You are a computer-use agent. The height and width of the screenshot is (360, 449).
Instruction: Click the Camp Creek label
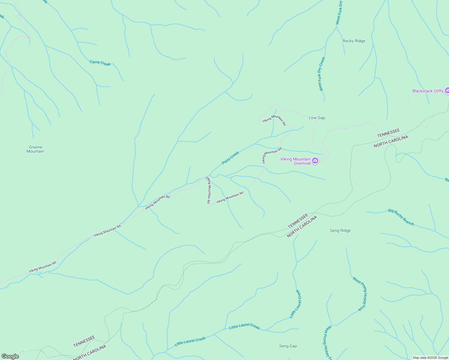(x=100, y=63)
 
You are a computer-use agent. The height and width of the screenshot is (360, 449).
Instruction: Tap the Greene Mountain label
(x=35, y=149)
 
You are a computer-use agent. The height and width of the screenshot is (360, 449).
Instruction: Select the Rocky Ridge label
(x=354, y=41)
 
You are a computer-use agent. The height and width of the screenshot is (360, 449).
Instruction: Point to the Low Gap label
(x=317, y=118)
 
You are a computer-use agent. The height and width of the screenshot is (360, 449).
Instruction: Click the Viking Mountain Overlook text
(x=296, y=161)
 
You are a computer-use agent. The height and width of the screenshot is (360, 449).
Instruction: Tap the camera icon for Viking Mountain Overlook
(x=315, y=161)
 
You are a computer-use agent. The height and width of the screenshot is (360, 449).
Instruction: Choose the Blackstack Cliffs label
(x=428, y=91)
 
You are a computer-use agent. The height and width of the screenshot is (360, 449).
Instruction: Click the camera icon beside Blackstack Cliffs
(x=447, y=90)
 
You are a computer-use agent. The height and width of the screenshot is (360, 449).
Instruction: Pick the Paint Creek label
(x=231, y=158)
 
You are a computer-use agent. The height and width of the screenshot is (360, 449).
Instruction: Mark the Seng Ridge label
(x=340, y=230)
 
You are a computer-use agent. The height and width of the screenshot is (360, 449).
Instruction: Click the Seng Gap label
(x=288, y=346)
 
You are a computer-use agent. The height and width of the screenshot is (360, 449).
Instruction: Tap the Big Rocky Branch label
(x=401, y=217)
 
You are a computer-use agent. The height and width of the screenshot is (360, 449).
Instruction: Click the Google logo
(x=10, y=356)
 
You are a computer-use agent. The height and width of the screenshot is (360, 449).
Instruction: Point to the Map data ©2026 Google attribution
(x=430, y=358)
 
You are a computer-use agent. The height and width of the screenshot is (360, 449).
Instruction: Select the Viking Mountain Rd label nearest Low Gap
(x=274, y=120)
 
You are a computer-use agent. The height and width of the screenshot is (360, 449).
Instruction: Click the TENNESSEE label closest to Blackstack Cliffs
(x=388, y=133)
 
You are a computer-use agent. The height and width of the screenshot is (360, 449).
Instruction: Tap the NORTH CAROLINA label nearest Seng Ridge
(x=302, y=226)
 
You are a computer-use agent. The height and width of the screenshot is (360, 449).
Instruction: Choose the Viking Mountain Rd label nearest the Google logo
(x=43, y=267)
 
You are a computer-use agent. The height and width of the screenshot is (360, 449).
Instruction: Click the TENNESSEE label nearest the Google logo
(x=84, y=341)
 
